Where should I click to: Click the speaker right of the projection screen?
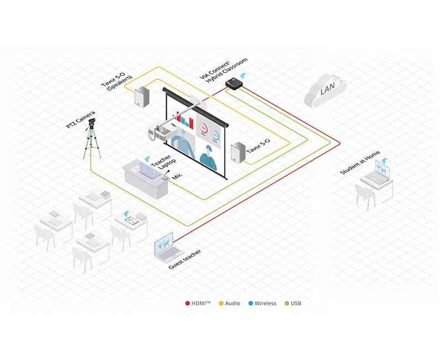tap(238, 153)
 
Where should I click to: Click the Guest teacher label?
tap(185, 260)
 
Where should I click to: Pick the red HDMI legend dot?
tap(187, 303)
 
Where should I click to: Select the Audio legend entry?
tap(229, 303)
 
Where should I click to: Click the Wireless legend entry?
tap(262, 303)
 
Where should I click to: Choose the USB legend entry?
tap(293, 303)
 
